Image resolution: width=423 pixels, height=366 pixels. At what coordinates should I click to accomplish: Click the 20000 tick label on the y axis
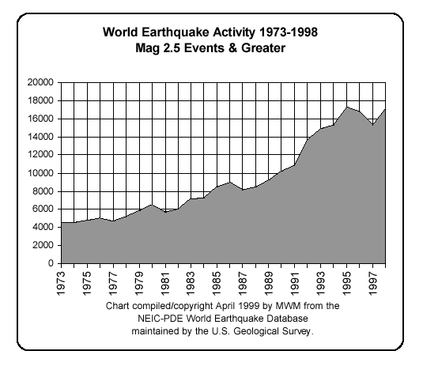[x=40, y=82]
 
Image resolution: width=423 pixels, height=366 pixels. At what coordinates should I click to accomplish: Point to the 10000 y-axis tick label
[x=40, y=173]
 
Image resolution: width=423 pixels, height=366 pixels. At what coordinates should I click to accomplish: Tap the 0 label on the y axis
[x=50, y=263]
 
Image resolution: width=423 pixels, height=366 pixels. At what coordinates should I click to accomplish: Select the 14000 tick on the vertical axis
[x=40, y=137]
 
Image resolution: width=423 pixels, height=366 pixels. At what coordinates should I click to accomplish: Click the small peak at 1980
[x=151, y=204]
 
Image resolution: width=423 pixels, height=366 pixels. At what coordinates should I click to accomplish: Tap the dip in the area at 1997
[x=372, y=125]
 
